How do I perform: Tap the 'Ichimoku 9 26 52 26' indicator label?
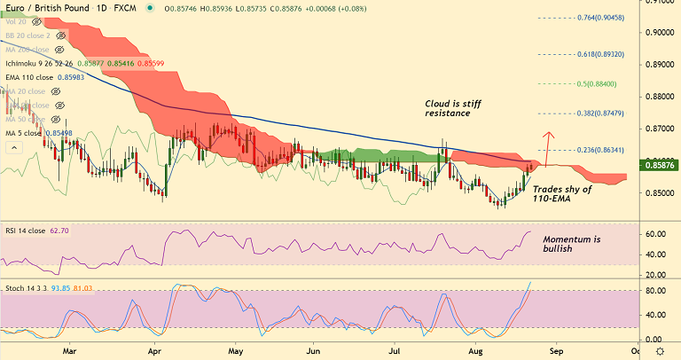click(37, 64)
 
